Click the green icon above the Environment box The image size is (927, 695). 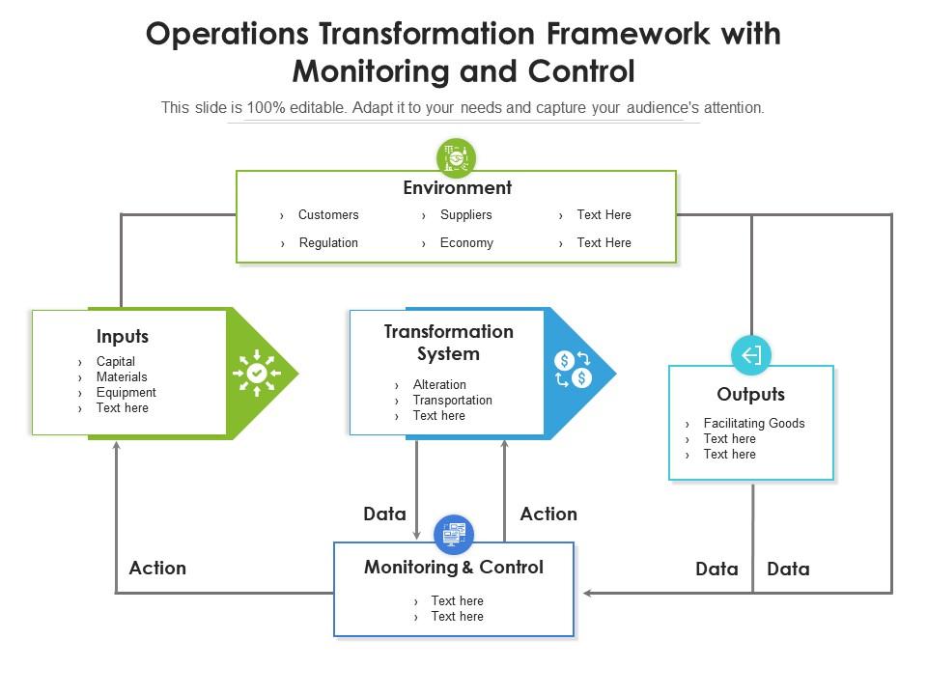[456, 157]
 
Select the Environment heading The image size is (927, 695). [457, 187]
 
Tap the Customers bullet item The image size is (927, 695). [327, 215]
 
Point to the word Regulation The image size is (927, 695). [328, 243]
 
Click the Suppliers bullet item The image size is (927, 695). [465, 215]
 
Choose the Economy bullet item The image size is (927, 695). [466, 243]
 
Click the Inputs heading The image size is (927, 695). [123, 337]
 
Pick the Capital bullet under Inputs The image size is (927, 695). [115, 362]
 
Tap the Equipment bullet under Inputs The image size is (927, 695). [126, 393]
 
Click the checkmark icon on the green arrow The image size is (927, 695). [257, 373]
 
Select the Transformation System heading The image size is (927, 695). [448, 343]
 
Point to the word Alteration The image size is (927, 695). [439, 385]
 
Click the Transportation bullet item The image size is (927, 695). [452, 401]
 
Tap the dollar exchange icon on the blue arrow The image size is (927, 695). [573, 370]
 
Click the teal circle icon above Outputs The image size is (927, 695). [751, 355]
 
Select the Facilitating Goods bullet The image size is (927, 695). [753, 424]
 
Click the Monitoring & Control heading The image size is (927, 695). [453, 568]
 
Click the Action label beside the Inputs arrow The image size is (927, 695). [157, 568]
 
